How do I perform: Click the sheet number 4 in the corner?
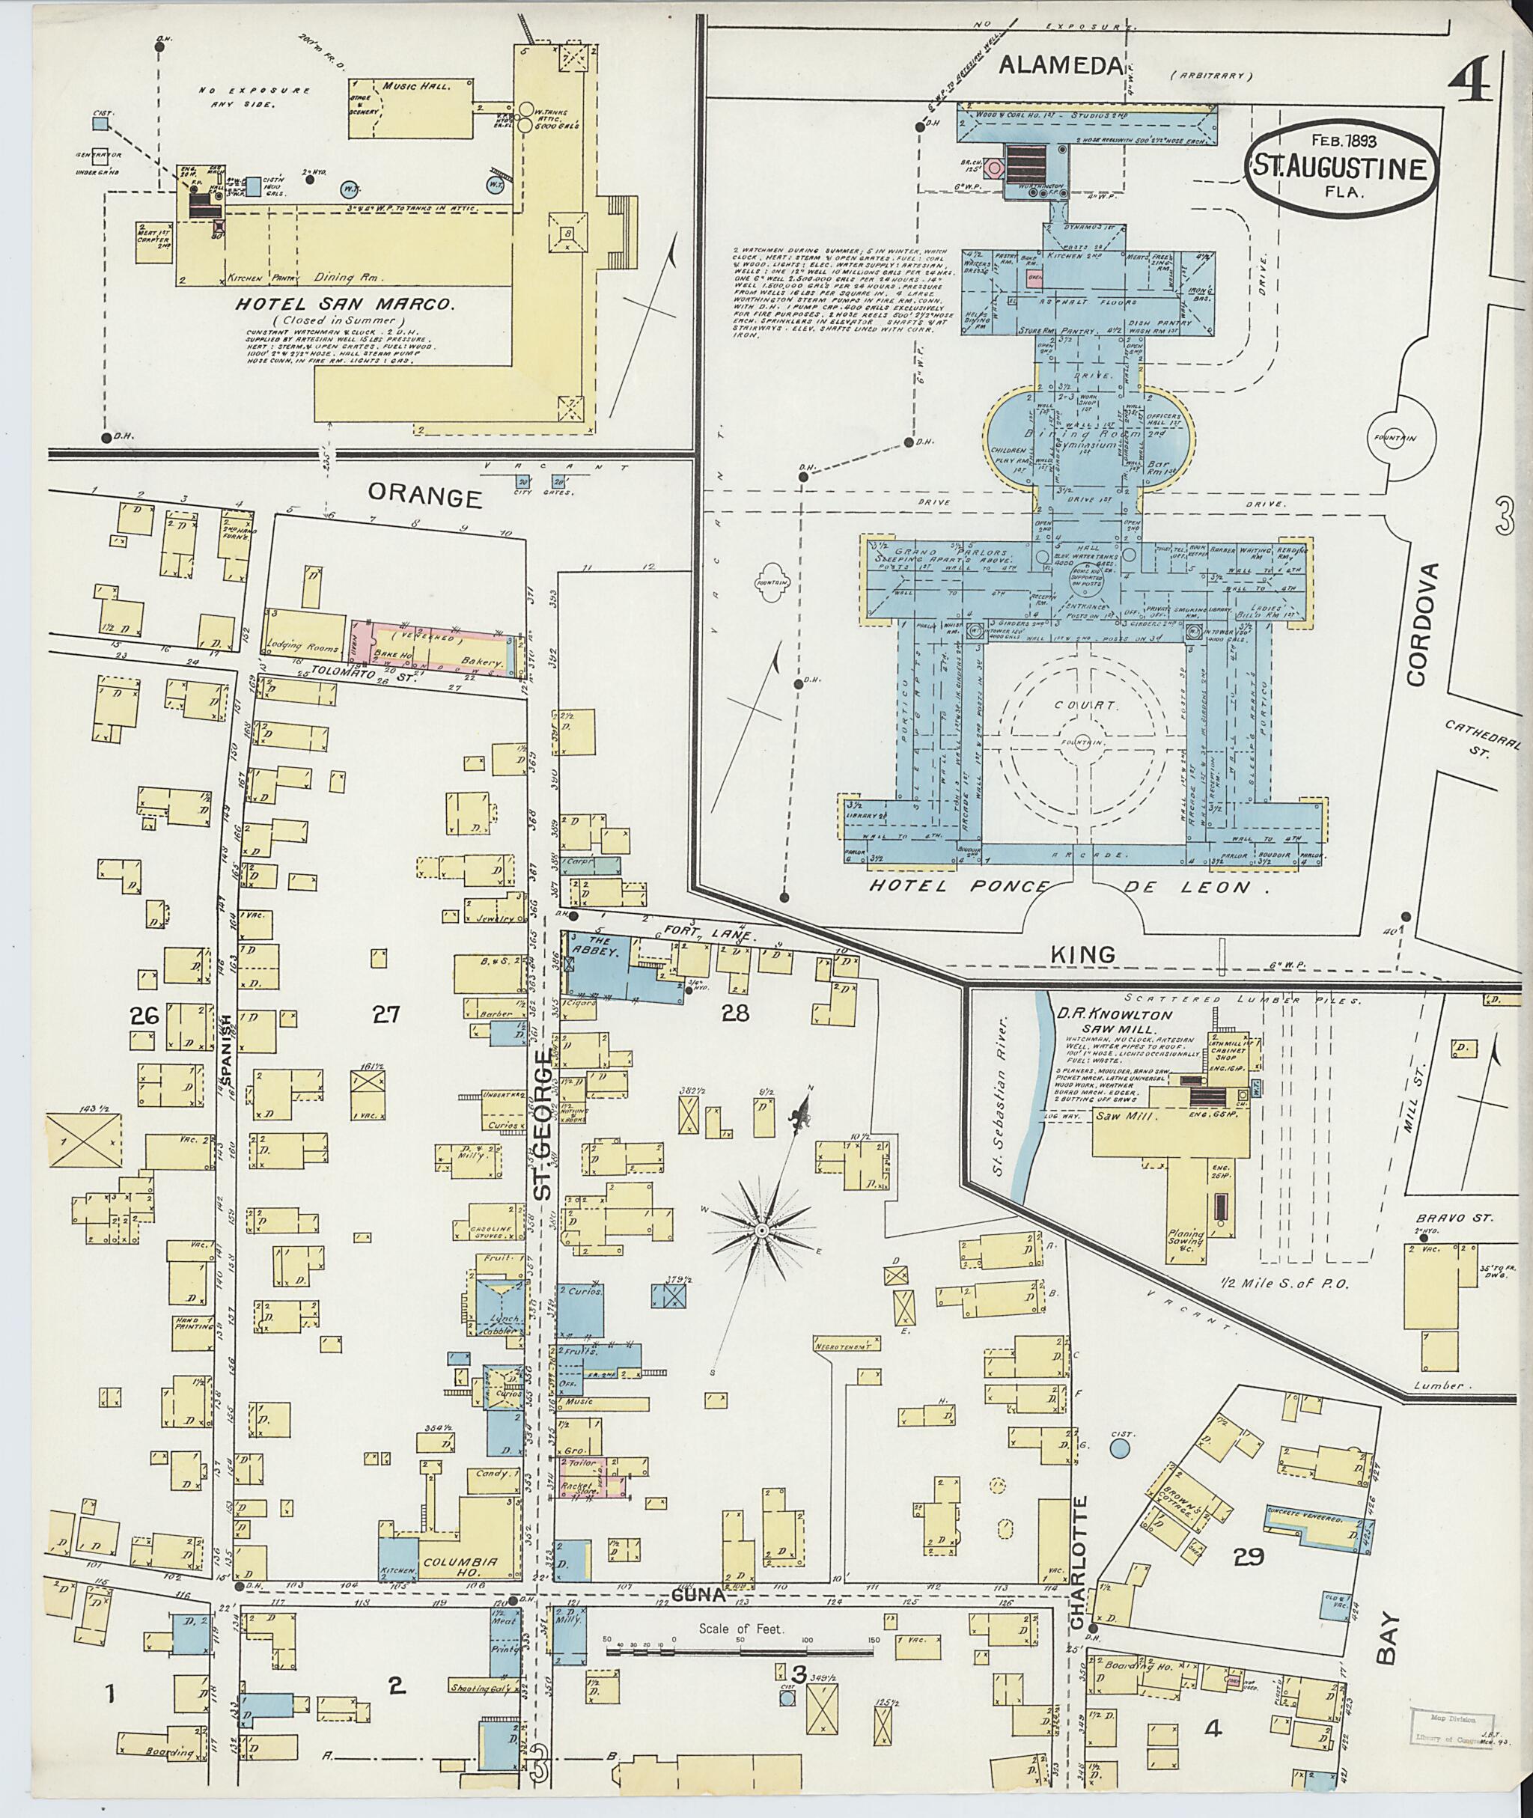tap(1472, 85)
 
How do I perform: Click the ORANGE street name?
tap(424, 496)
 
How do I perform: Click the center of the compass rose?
tap(761, 1230)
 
